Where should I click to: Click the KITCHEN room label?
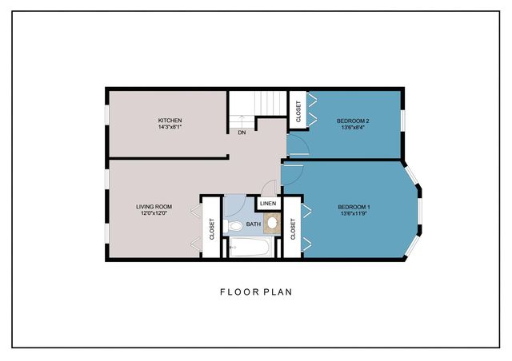[x=170, y=121]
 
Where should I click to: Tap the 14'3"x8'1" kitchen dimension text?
[x=170, y=127]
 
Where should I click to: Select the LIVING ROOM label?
[x=154, y=207]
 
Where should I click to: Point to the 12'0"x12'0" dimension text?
[x=154, y=213]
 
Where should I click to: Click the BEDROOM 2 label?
[x=353, y=121]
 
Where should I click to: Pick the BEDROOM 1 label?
[x=354, y=207]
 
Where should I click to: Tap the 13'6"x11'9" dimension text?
[x=354, y=213]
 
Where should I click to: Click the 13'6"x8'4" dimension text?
[x=353, y=128]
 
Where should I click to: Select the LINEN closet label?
[x=268, y=204]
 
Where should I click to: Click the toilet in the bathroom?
[x=233, y=225]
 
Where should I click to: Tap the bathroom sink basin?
[x=272, y=223]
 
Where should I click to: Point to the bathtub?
[x=250, y=247]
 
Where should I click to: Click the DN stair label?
[x=242, y=133]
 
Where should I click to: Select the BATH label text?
[x=254, y=224]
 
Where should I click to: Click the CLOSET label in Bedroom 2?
[x=298, y=112]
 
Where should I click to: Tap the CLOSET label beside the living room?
[x=211, y=229]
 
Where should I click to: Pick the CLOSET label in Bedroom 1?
[x=293, y=229]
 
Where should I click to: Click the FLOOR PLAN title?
[x=256, y=292]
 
